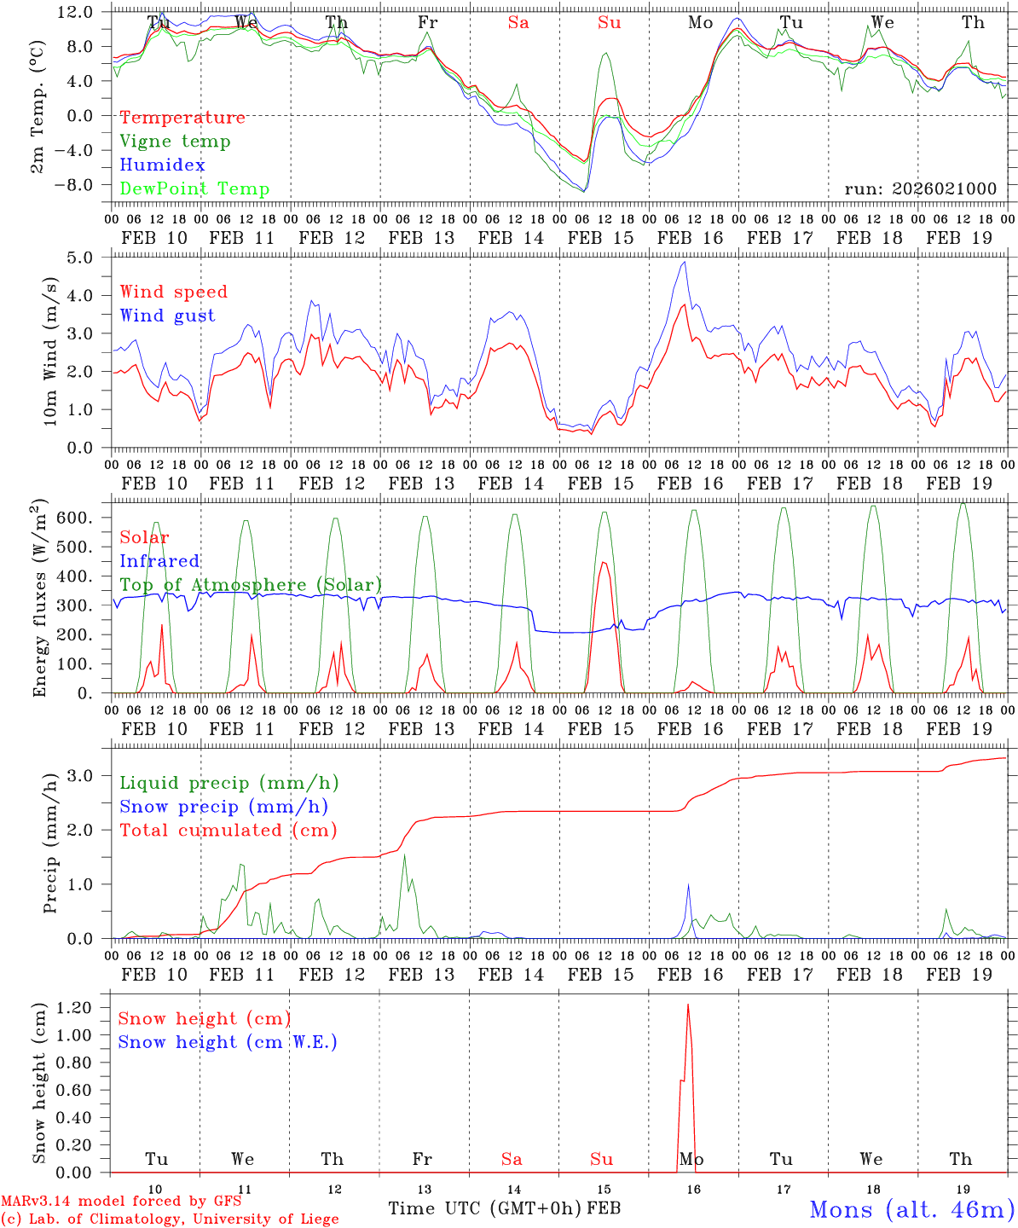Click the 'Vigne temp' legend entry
click(x=175, y=142)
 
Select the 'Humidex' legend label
click(x=162, y=165)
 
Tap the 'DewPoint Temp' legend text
click(x=194, y=189)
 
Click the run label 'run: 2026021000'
click(x=920, y=189)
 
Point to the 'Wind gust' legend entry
click(x=167, y=316)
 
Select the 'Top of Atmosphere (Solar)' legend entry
click(x=250, y=585)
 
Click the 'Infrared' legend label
click(x=159, y=561)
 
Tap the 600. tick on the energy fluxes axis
click(x=85, y=518)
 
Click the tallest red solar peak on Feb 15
click(x=604, y=562)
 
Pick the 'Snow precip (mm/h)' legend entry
click(x=223, y=807)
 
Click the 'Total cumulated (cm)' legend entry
click(x=228, y=831)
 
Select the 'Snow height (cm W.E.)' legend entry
click(x=227, y=1042)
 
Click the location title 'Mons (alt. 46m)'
click(x=911, y=1209)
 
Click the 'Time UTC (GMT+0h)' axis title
click(x=485, y=1208)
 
